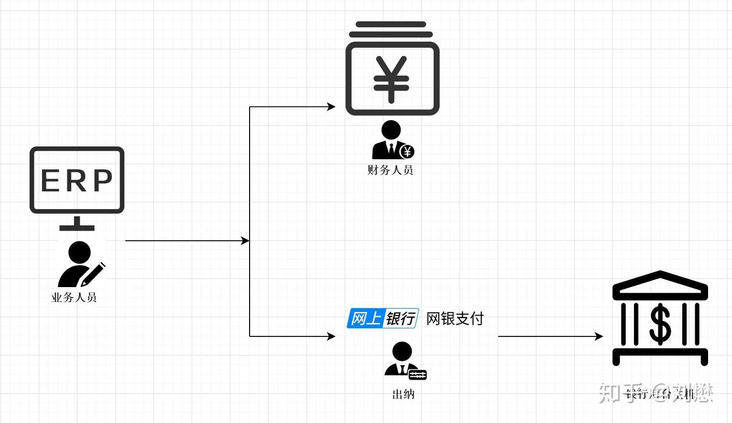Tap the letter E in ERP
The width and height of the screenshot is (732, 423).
click(51, 181)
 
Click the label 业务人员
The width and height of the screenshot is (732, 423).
click(74, 298)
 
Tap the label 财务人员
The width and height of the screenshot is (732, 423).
click(390, 170)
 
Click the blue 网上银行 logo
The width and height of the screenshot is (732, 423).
click(383, 318)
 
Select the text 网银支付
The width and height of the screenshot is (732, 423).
click(455, 319)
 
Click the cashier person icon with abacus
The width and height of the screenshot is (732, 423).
click(404, 361)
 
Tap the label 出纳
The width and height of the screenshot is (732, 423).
click(404, 394)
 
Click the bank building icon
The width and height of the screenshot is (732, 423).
click(660, 318)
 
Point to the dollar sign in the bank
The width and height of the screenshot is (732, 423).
click(660, 323)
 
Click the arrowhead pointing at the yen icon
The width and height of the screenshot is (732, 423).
click(331, 107)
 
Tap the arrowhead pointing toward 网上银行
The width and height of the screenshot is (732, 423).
click(331, 336)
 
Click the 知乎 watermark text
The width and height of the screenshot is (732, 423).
click(618, 392)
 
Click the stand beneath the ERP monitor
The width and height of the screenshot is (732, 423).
click(77, 223)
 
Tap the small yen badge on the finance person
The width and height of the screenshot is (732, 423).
click(407, 151)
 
